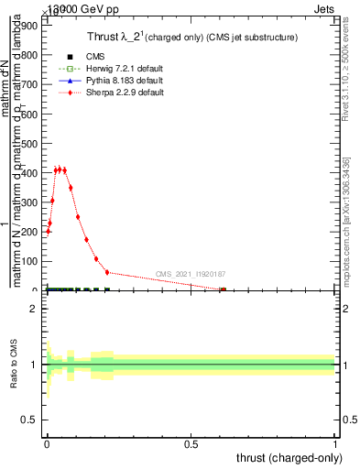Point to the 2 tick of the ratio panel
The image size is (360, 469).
tap(33, 309)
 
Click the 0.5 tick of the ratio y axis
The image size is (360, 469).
tap(28, 420)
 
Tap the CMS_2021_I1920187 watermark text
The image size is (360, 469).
tap(191, 274)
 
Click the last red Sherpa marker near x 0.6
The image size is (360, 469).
tap(223, 290)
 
